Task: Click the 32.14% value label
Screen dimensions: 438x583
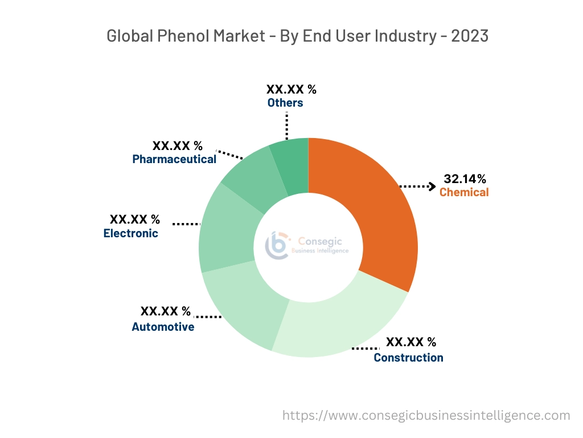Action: pyautogui.click(x=465, y=179)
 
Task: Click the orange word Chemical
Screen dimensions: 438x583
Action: pyautogui.click(x=464, y=192)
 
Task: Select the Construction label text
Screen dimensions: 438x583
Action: pyautogui.click(x=408, y=358)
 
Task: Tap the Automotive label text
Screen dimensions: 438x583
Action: pyautogui.click(x=163, y=327)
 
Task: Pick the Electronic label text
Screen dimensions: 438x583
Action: pyautogui.click(x=131, y=233)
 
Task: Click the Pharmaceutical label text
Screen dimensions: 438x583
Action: pyautogui.click(x=174, y=159)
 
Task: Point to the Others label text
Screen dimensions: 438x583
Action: pyautogui.click(x=285, y=103)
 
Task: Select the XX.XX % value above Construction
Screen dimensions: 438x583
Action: pyautogui.click(x=411, y=342)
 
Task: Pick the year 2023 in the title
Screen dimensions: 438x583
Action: pyautogui.click(x=470, y=36)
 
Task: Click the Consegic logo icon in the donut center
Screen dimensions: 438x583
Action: pyautogui.click(x=277, y=245)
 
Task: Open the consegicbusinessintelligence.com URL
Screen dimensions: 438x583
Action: pyautogui.click(x=426, y=415)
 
